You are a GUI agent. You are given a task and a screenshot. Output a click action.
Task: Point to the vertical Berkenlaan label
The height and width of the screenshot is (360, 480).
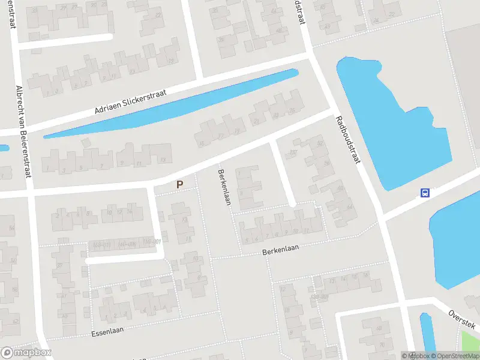[x=224, y=186]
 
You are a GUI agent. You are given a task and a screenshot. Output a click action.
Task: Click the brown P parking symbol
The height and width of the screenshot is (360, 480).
[x=179, y=185]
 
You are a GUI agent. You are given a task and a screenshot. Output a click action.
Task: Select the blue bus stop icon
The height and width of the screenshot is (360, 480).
[x=425, y=193]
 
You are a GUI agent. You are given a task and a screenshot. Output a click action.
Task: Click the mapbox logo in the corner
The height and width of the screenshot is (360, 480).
[x=26, y=353]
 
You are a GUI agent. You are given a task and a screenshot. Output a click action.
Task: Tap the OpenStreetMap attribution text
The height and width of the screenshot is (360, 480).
[x=457, y=356]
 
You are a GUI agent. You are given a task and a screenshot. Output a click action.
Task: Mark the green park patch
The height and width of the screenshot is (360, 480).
[x=472, y=342]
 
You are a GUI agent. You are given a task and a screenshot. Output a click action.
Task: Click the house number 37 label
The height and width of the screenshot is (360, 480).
[x=59, y=266]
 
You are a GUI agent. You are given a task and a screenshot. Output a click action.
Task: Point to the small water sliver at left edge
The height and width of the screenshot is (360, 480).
[x=3, y=148]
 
